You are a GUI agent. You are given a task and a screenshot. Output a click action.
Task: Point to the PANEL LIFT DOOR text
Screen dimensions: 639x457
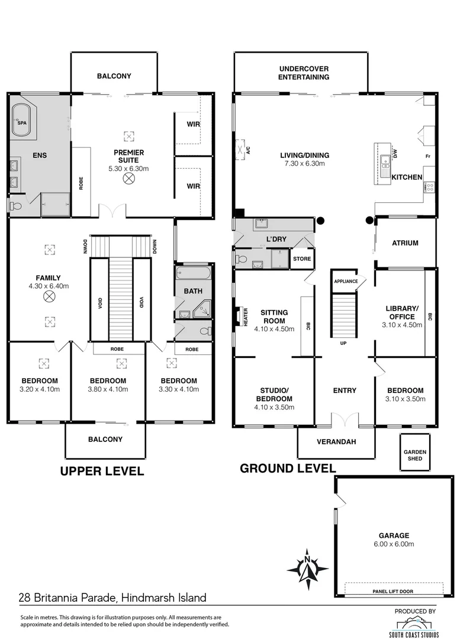[x=392, y=591]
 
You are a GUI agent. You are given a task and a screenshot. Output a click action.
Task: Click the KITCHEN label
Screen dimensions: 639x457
[x=407, y=177]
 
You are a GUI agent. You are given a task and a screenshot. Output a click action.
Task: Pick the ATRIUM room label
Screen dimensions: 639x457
[x=405, y=243]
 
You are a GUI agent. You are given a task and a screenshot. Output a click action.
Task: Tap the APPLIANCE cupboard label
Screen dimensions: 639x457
[x=346, y=281]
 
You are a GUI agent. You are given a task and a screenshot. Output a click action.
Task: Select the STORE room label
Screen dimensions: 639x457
[x=302, y=259]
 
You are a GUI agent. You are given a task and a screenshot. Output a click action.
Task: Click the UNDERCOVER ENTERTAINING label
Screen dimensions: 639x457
[x=304, y=73]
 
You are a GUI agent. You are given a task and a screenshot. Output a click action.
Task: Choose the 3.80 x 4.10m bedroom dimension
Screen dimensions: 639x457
[x=108, y=389]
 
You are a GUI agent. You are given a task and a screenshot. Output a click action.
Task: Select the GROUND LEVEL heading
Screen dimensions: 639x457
[x=288, y=468]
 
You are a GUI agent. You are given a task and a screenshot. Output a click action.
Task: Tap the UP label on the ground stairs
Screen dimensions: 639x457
[x=342, y=343]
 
